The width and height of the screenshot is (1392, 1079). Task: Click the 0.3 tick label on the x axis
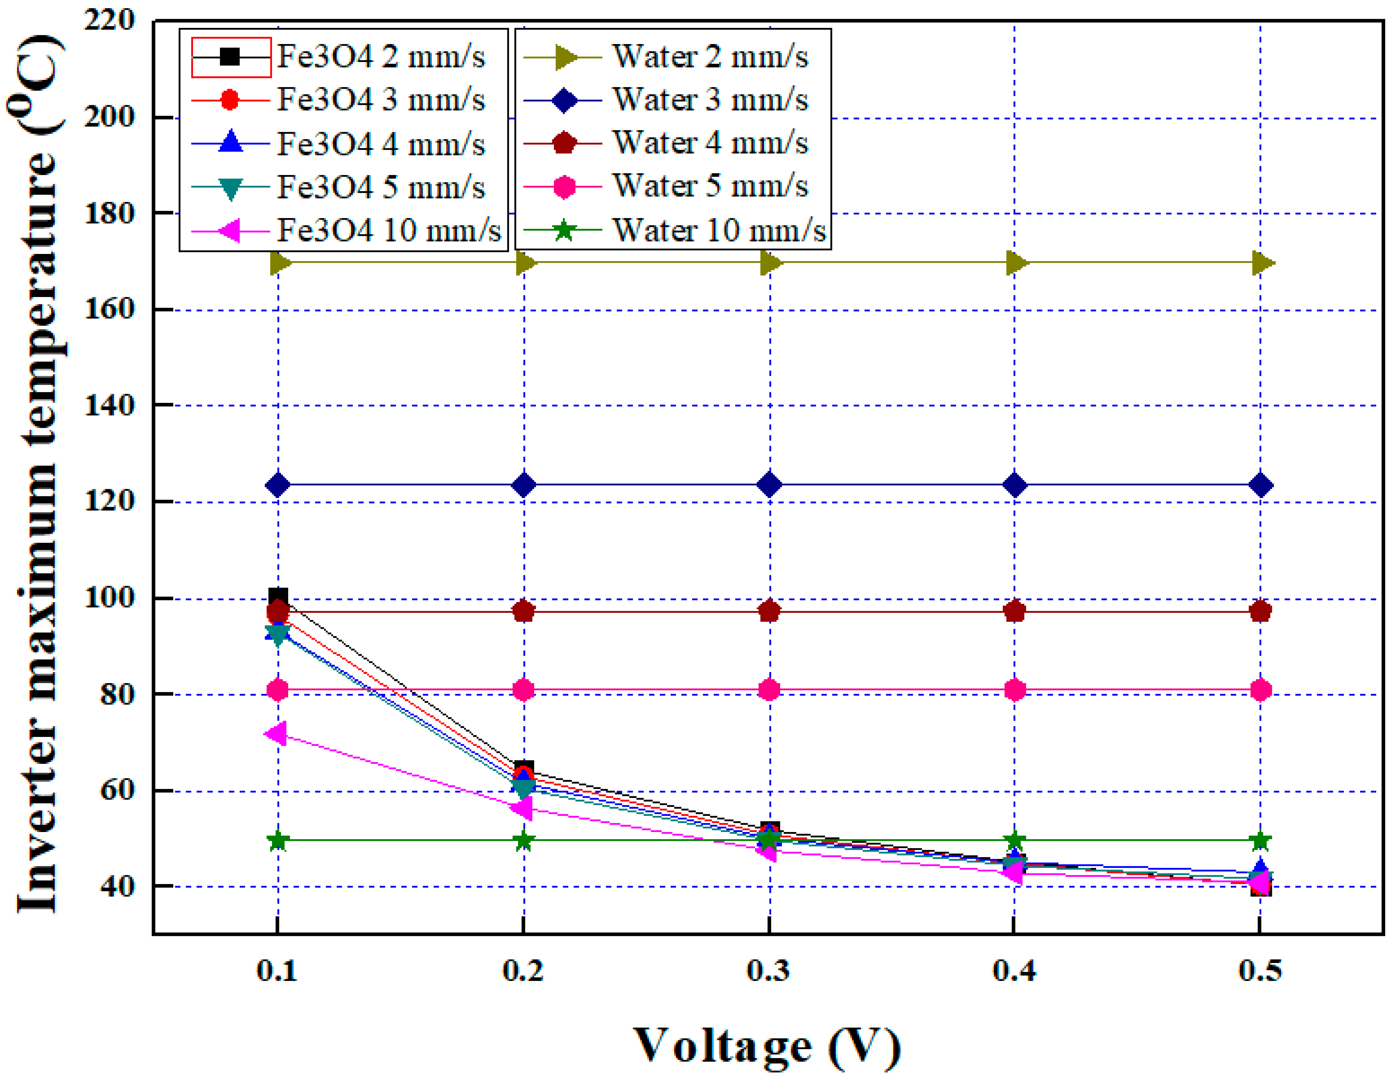[x=769, y=971]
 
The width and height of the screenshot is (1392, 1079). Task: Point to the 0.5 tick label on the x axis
[x=1260, y=971]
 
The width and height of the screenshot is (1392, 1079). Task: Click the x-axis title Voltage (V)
[x=767, y=1045]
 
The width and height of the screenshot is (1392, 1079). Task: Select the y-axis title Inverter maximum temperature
[x=38, y=474]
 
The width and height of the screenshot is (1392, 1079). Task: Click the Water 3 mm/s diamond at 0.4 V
[x=1015, y=485]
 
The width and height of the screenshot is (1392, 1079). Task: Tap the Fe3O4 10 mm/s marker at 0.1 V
[x=276, y=734]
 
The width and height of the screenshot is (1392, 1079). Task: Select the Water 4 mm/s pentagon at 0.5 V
[x=1260, y=612]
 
